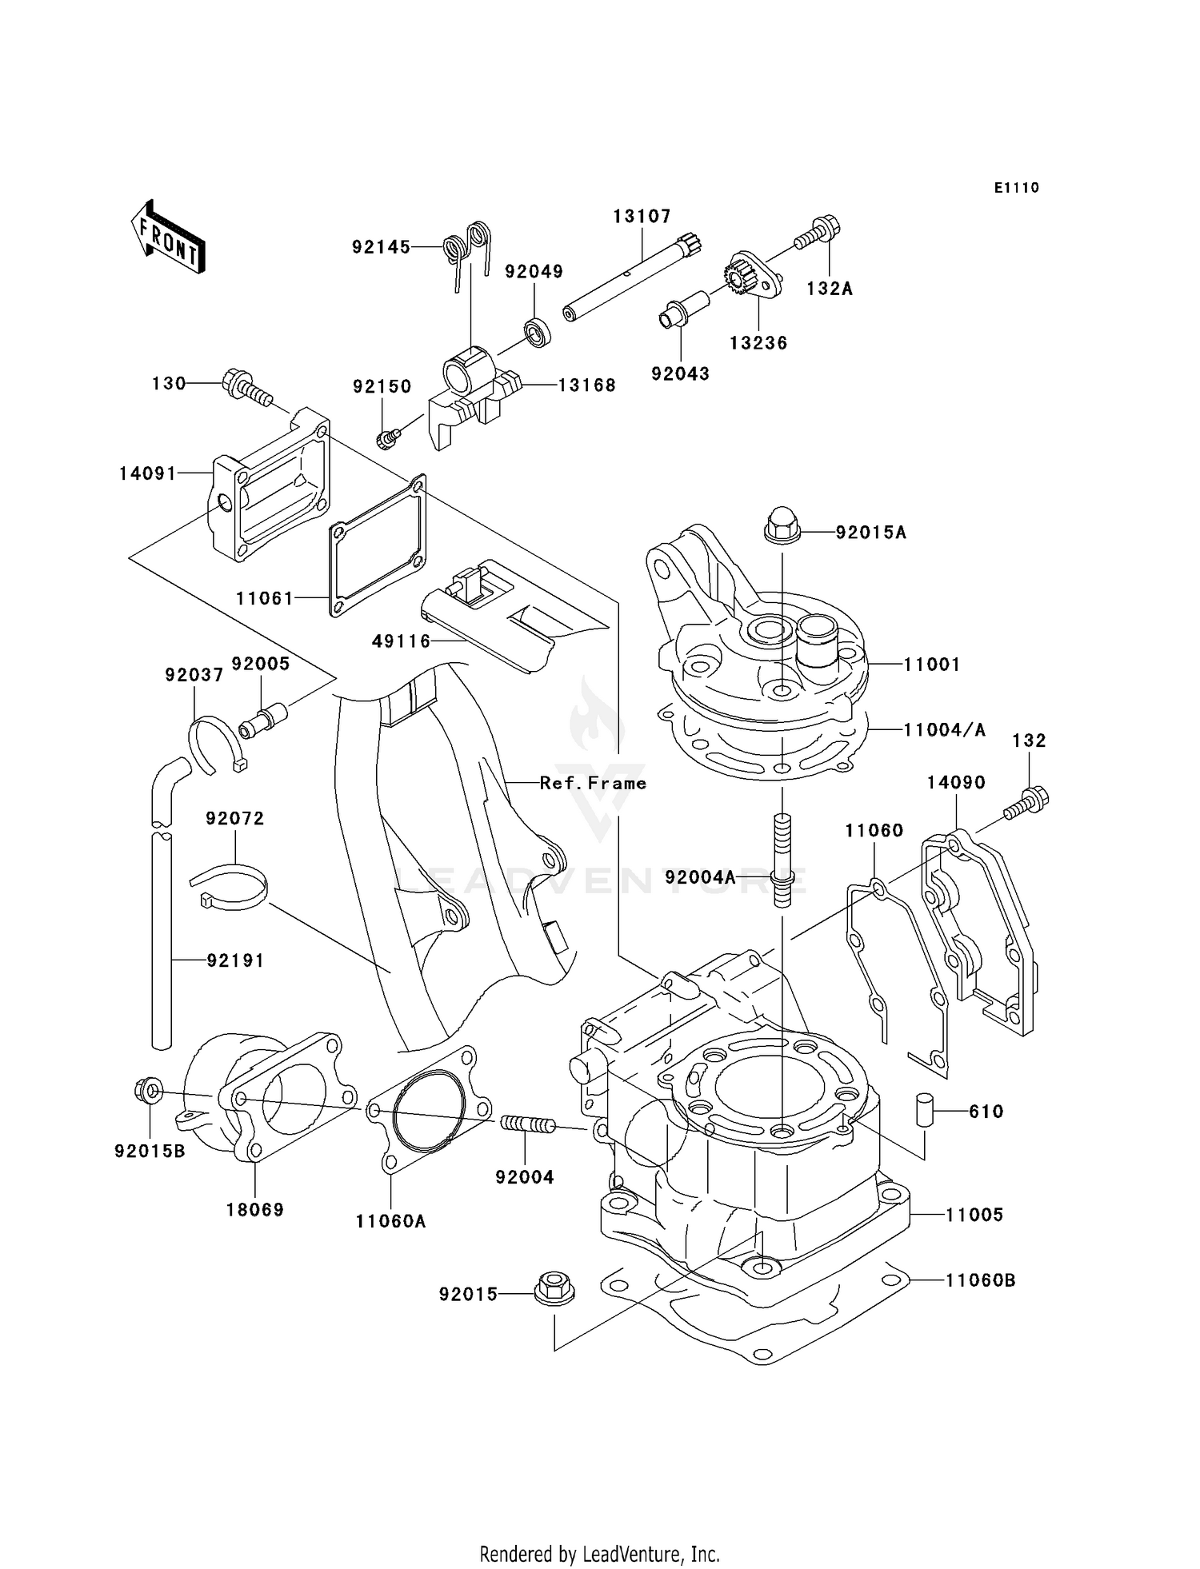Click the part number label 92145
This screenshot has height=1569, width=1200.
(x=381, y=248)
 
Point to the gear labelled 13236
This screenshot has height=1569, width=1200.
(x=747, y=279)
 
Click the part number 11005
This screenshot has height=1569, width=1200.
(x=974, y=1215)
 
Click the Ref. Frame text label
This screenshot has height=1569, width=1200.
(x=593, y=783)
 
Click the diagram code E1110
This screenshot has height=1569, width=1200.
(x=1016, y=188)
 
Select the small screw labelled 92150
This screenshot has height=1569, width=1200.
(x=387, y=437)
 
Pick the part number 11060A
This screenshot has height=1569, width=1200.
(x=390, y=1221)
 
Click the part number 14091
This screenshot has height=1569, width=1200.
(x=147, y=473)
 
